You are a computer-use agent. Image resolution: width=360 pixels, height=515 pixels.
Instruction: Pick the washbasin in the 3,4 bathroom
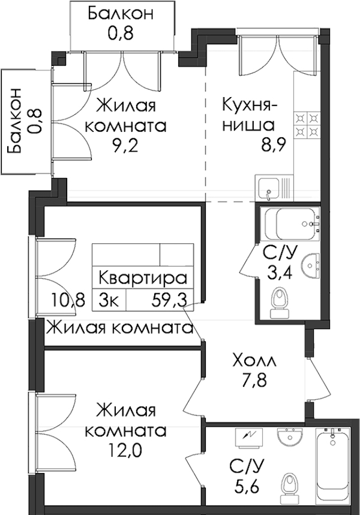click(310, 264)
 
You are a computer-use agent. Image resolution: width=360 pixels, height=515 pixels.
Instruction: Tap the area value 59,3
click(169, 299)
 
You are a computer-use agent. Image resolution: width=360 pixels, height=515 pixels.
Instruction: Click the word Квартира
click(143, 278)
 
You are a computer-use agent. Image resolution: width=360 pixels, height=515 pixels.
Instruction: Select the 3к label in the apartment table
click(109, 299)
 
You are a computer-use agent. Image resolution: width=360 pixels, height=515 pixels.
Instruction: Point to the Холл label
click(254, 362)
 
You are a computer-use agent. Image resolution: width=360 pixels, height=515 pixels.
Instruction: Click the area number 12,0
click(125, 450)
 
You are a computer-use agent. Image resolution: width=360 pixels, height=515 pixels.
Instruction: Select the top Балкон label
click(121, 14)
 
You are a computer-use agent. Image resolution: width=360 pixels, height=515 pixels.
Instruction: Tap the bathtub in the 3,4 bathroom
click(292, 224)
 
